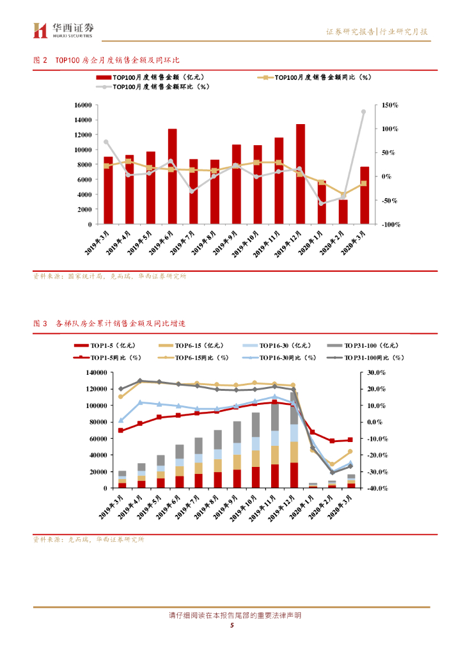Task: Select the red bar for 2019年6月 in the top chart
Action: point(172,176)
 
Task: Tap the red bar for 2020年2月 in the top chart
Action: point(343,212)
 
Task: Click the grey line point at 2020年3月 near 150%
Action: point(363,111)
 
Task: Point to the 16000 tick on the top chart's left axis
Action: point(82,105)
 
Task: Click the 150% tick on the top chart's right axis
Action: point(390,105)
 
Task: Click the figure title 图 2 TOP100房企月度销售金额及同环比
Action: point(106,59)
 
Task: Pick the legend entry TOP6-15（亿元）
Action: point(192,345)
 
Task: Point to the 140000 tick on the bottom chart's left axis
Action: point(94,372)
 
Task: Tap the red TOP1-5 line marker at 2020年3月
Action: point(350,439)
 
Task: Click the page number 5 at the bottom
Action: point(231,625)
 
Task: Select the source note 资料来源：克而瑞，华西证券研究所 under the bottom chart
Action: point(89,539)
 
